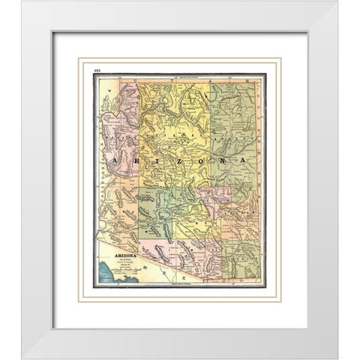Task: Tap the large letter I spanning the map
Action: [x=151, y=161]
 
